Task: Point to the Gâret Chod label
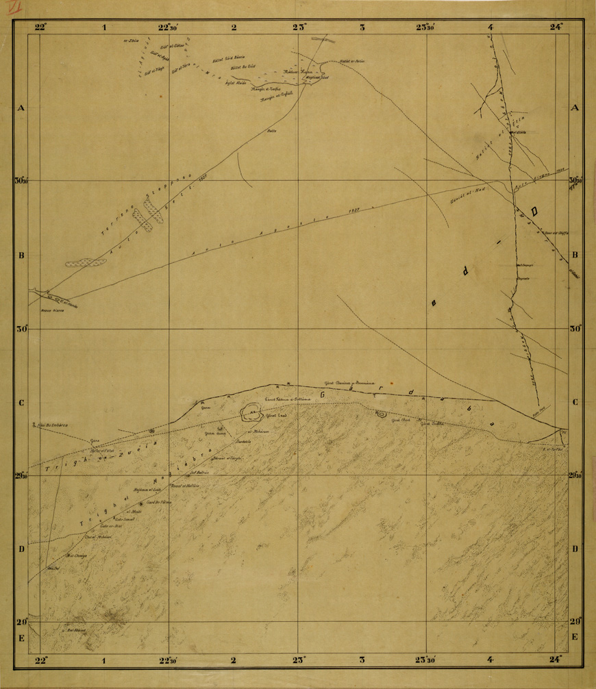pyautogui.click(x=400, y=421)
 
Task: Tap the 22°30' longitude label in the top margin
pyautogui.click(x=169, y=27)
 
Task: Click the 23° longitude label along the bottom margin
pyautogui.click(x=299, y=660)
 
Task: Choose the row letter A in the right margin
pyautogui.click(x=575, y=108)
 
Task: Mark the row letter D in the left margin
pyautogui.click(x=21, y=549)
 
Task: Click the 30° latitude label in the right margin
pyautogui.click(x=575, y=328)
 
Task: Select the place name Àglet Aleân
pyautogui.click(x=236, y=82)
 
